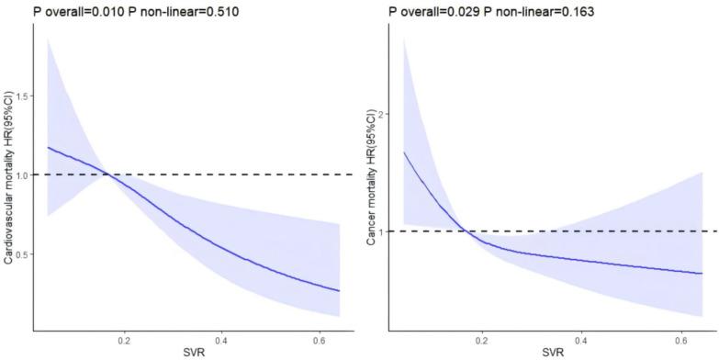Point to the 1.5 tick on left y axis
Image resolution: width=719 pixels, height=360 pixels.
click(x=21, y=96)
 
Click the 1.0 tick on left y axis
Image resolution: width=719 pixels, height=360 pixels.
click(x=21, y=174)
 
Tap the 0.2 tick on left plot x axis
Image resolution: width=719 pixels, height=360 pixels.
click(x=122, y=339)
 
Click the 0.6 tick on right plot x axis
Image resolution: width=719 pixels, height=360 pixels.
click(x=680, y=339)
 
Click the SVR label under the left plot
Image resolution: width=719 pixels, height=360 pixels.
click(x=194, y=353)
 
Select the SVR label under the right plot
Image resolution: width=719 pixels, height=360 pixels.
click(x=552, y=353)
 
